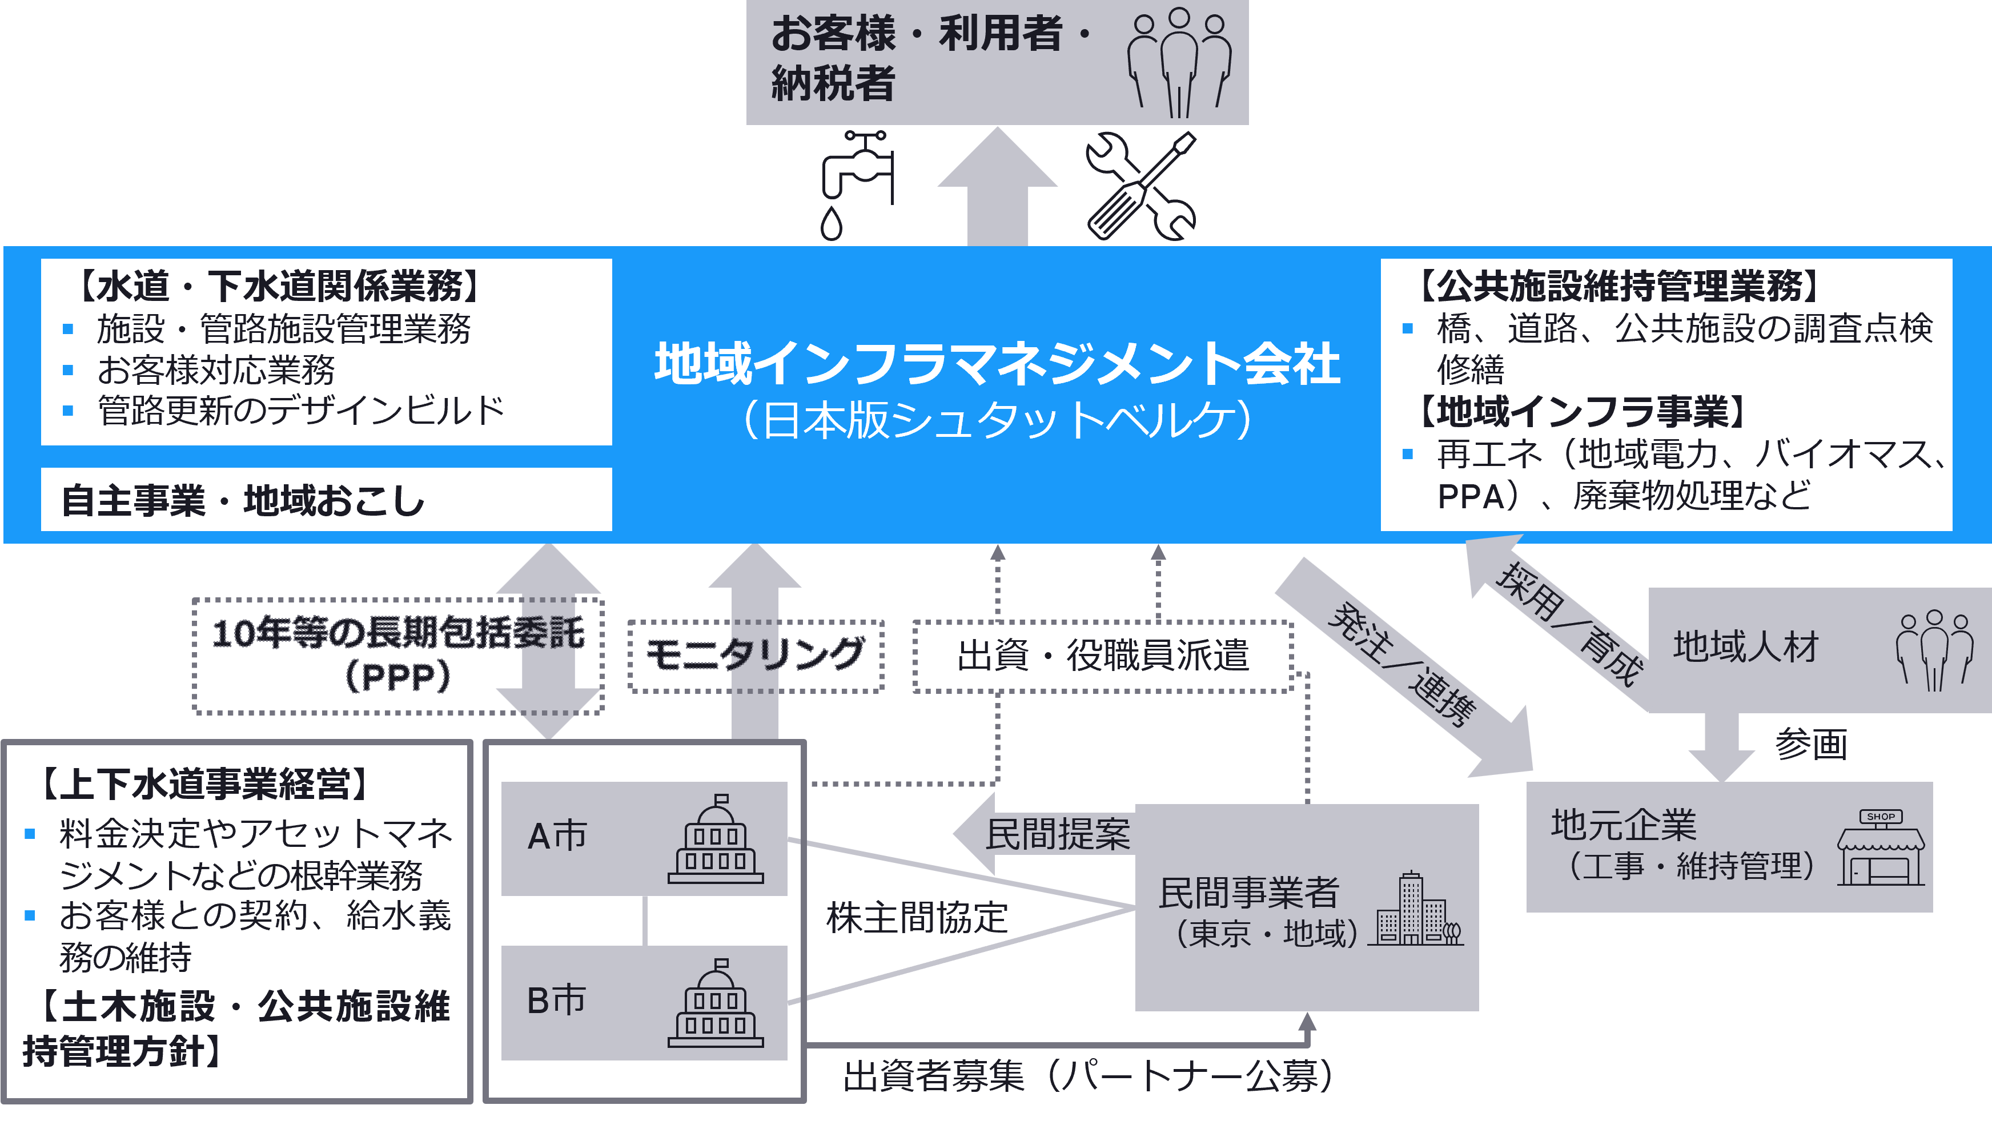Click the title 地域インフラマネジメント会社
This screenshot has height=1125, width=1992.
pos(997,363)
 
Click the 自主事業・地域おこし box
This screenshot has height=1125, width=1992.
pos(326,500)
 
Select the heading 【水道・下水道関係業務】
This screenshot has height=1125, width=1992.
pos(278,286)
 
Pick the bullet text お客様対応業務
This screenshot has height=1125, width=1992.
pos(216,369)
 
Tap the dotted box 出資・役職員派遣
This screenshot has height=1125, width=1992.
pos(1103,656)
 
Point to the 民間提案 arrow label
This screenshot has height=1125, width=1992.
pos(1057,834)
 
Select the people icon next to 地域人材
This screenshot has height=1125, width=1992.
pos(1934,649)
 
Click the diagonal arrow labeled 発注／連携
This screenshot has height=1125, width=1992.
pos(1404,665)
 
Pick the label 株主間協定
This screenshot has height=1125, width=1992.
pos(917,918)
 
